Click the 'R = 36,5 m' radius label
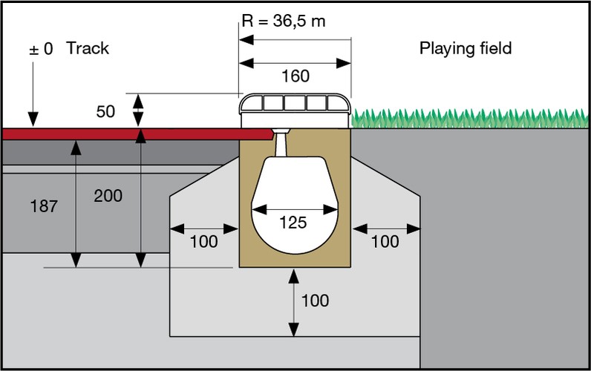(284, 21)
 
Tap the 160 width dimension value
(295, 76)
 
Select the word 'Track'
(88, 49)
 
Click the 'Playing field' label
(466, 49)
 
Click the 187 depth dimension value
(45, 206)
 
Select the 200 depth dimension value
(108, 196)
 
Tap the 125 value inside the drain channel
(293, 223)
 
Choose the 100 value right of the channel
(385, 242)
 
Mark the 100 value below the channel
(315, 301)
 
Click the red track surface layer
(134, 134)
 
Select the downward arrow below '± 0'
(33, 96)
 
